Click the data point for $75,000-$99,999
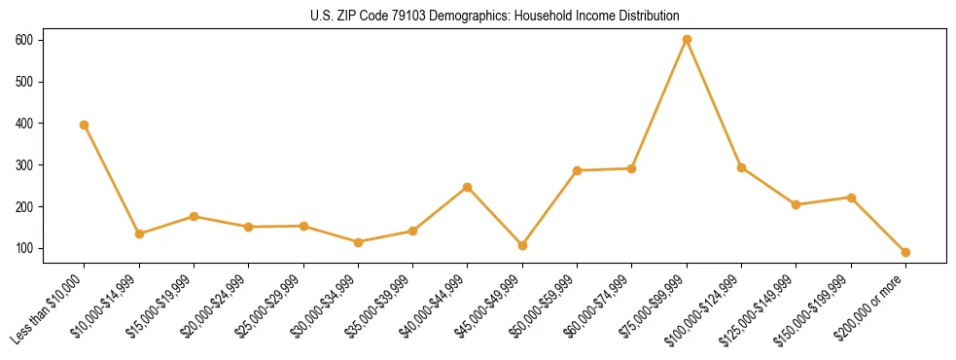[687, 40]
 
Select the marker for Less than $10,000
[84, 125]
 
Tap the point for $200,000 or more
[905, 252]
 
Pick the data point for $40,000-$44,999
[467, 187]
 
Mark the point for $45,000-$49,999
[522, 245]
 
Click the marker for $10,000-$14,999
[139, 234]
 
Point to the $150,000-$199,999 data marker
[851, 198]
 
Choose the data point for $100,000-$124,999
[741, 167]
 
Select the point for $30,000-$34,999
[358, 242]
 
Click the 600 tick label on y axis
[23, 40]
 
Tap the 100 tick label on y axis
[23, 249]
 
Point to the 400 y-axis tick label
[23, 124]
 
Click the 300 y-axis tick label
[23, 165]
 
